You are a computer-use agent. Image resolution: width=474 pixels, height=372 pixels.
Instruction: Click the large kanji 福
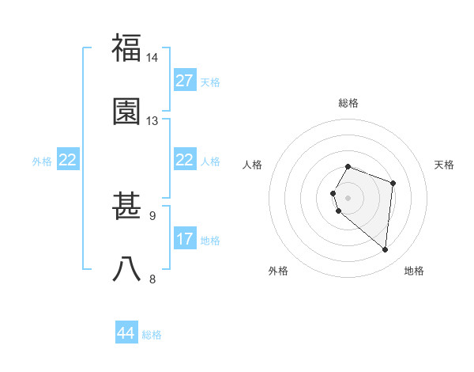coord(127,48)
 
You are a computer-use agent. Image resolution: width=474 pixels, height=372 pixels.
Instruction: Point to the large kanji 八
coord(127,269)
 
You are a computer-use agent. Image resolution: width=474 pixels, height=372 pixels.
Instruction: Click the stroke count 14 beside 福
coord(152,59)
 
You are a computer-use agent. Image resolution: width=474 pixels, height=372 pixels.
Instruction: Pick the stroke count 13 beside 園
coord(152,121)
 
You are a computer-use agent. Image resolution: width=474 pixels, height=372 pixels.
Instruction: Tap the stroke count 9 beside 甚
coord(152,215)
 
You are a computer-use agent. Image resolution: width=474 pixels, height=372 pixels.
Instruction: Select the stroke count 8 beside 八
coord(152,279)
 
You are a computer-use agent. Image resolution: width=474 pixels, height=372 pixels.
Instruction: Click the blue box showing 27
coord(185,81)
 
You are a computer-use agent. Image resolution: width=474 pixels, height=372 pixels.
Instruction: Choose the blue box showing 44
coord(126,334)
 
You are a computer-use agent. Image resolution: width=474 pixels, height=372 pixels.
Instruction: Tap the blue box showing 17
coord(185,239)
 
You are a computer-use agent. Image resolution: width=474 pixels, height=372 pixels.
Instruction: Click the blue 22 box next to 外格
coord(68,161)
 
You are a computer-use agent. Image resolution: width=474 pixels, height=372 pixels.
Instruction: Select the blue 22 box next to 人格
coord(185,161)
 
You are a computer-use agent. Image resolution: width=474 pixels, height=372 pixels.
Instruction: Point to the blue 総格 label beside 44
coord(152,335)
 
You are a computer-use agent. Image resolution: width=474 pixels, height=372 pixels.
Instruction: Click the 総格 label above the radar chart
coord(348,103)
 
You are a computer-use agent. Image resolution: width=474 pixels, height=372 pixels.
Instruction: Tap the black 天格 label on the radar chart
coord(444,165)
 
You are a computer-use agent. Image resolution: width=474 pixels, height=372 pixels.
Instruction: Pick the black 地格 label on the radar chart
coord(414,271)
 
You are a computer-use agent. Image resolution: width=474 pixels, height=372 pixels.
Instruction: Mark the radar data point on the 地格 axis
coord(386,250)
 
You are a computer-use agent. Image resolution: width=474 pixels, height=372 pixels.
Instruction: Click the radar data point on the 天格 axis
coord(393,183)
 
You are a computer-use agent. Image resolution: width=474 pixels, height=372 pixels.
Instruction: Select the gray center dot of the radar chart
coord(348,197)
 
